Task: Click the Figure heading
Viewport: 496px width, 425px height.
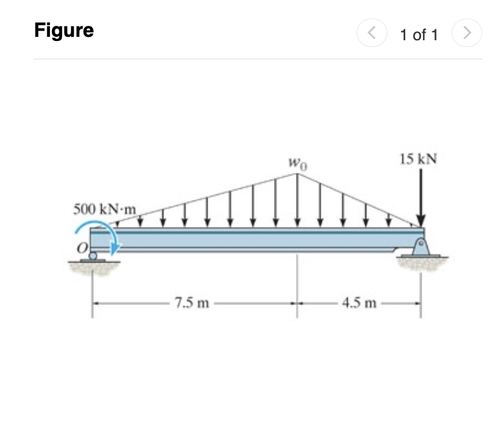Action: tap(64, 31)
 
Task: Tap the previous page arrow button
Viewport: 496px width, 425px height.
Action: tap(373, 33)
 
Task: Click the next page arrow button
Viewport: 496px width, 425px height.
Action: tap(467, 33)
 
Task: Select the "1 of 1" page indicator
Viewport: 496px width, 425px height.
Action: tap(419, 34)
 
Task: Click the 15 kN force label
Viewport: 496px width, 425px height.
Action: tap(417, 160)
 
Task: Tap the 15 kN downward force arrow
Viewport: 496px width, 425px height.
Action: tap(421, 198)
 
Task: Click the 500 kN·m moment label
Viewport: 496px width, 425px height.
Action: tap(105, 207)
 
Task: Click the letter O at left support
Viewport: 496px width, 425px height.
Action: tap(81, 250)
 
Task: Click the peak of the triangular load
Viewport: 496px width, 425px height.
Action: tap(297, 174)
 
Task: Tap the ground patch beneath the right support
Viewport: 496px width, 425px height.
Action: tap(424, 264)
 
